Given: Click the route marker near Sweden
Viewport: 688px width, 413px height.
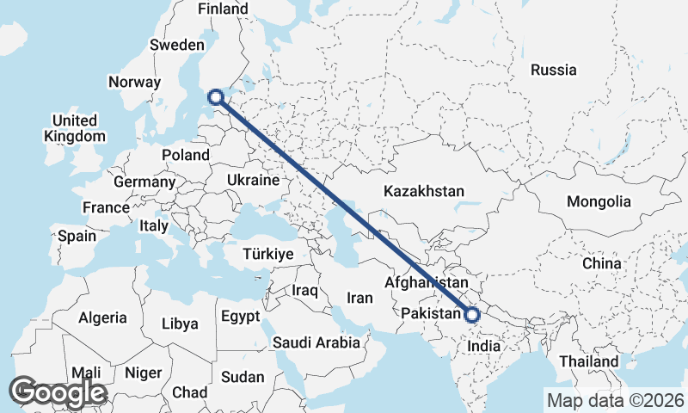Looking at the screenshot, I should click(x=216, y=97).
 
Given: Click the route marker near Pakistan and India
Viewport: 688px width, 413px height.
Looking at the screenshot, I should click(x=471, y=315).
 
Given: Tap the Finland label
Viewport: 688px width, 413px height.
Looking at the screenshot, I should click(x=223, y=9).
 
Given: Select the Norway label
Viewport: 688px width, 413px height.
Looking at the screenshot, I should click(x=134, y=83).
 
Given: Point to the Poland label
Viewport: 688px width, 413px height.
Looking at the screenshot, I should click(x=186, y=155).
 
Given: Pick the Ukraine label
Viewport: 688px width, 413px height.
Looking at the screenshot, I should click(x=254, y=180).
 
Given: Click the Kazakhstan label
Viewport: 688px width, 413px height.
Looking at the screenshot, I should click(x=424, y=191).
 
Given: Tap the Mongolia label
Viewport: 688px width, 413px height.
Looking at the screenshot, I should click(x=599, y=202).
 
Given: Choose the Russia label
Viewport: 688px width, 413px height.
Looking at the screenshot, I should click(x=553, y=70).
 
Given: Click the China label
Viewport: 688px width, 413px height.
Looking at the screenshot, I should click(x=601, y=262).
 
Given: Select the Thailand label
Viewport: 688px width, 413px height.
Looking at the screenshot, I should click(x=589, y=361).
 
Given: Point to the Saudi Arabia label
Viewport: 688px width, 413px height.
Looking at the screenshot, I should click(x=316, y=342).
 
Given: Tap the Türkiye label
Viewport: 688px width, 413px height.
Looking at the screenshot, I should click(x=268, y=254).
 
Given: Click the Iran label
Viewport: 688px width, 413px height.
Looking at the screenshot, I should click(x=359, y=298).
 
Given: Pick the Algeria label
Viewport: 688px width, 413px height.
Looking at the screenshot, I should click(x=102, y=317).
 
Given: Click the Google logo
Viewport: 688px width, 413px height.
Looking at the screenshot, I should click(x=58, y=392).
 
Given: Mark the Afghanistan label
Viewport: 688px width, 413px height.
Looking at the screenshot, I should click(x=427, y=282).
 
